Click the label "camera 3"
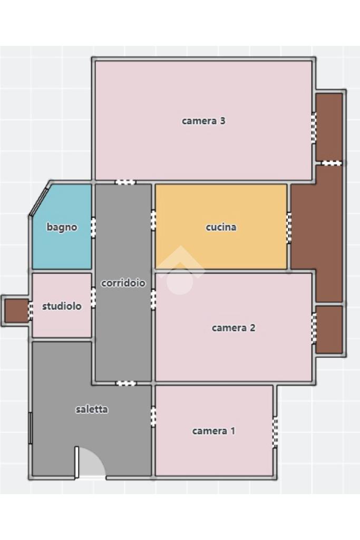coord(203,121)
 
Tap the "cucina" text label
coord(221,227)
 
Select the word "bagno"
coord(62,227)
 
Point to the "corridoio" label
coord(123,283)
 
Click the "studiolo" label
coord(62,306)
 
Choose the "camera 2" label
coord(233,328)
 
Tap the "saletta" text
coord(92,409)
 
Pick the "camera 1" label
coord(213,431)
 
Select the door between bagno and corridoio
coord(93,228)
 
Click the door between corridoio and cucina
coord(153,220)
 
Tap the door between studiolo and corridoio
coord(93,297)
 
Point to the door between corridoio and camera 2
coord(153,300)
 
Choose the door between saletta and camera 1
coord(153,417)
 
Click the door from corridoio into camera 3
coord(125,182)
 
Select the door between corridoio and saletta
coord(126,383)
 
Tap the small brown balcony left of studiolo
coord(16,311)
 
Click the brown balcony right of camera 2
coord(329,330)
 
